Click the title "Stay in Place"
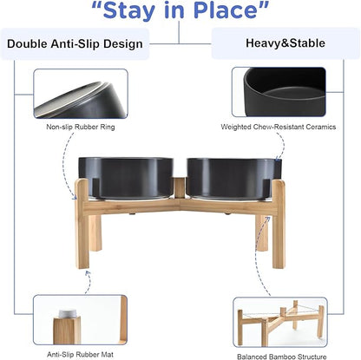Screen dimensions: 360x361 pyautogui.click(x=179, y=11)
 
